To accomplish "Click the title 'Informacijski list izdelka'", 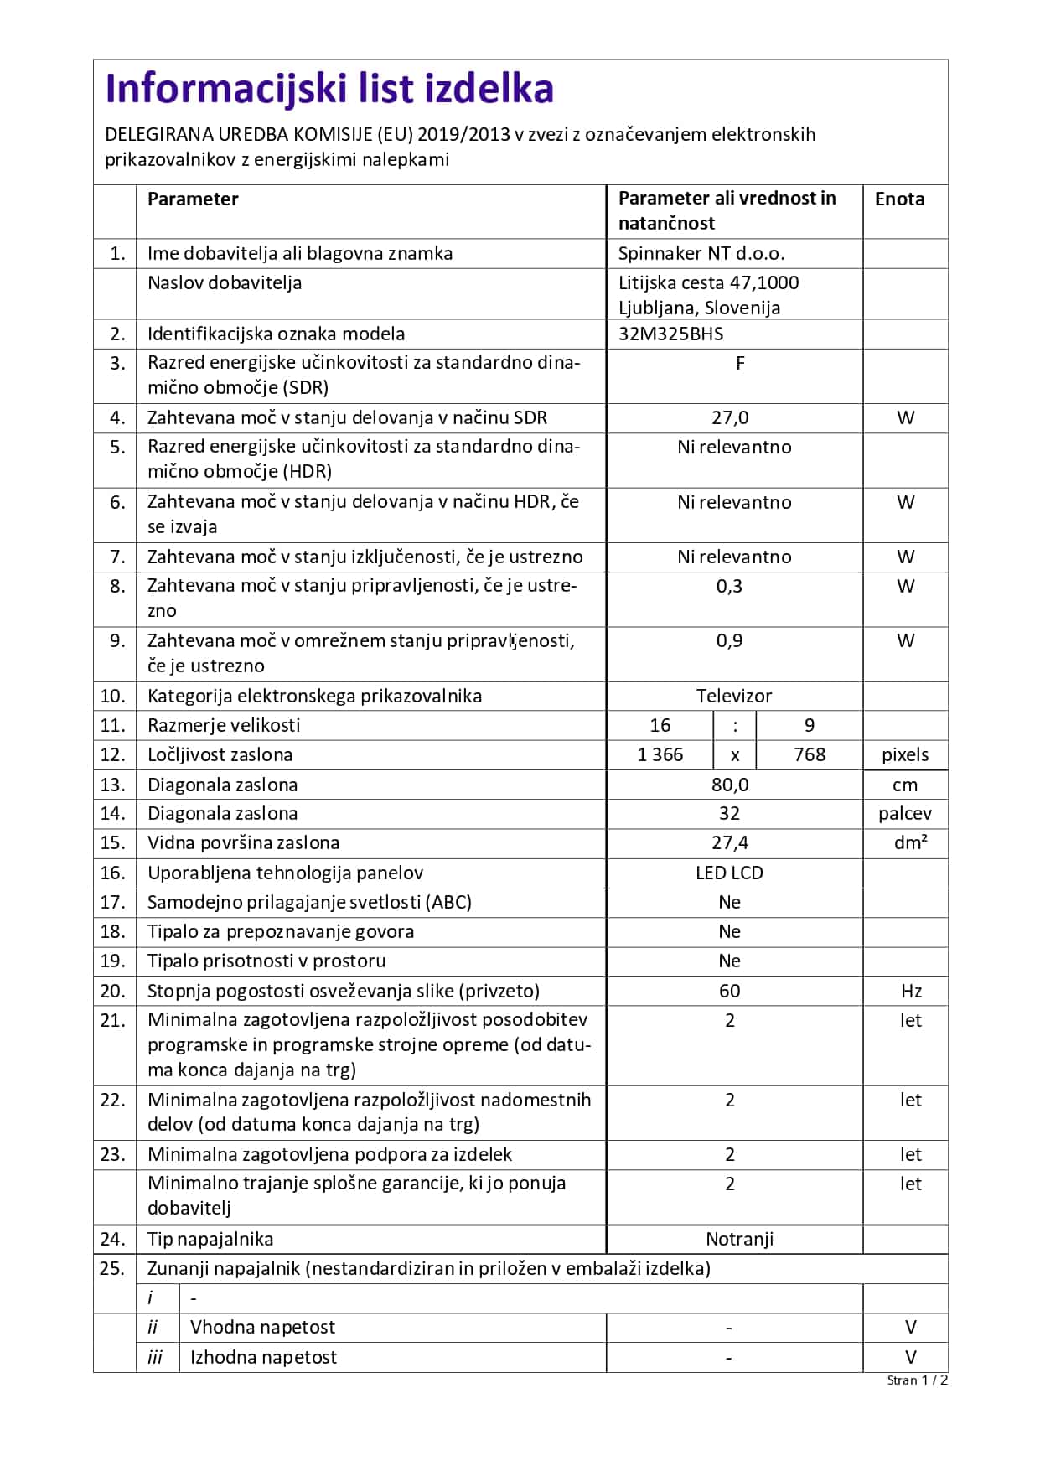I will point(329,89).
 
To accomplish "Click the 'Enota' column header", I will point(899,199).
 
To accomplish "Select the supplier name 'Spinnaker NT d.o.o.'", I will point(701,253).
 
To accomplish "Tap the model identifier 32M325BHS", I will point(670,334).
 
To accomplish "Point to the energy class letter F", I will point(740,363).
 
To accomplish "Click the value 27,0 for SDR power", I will point(730,417).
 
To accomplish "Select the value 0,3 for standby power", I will point(729,586).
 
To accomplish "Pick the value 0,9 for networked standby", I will point(729,640).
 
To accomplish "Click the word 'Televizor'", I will point(734,696).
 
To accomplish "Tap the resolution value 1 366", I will point(660,754).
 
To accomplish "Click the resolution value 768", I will point(810,754).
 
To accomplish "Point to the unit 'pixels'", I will point(905,754).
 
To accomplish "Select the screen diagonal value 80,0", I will point(730,785).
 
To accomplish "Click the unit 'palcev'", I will point(905,813).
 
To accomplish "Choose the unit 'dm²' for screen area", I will point(910,842).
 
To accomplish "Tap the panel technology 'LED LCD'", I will point(729,873).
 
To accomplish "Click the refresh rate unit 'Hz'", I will point(911,991).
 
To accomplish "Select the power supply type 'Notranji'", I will point(739,1239).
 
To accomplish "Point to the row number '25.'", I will point(112,1268).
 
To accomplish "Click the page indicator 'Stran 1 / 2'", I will point(917,1380).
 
